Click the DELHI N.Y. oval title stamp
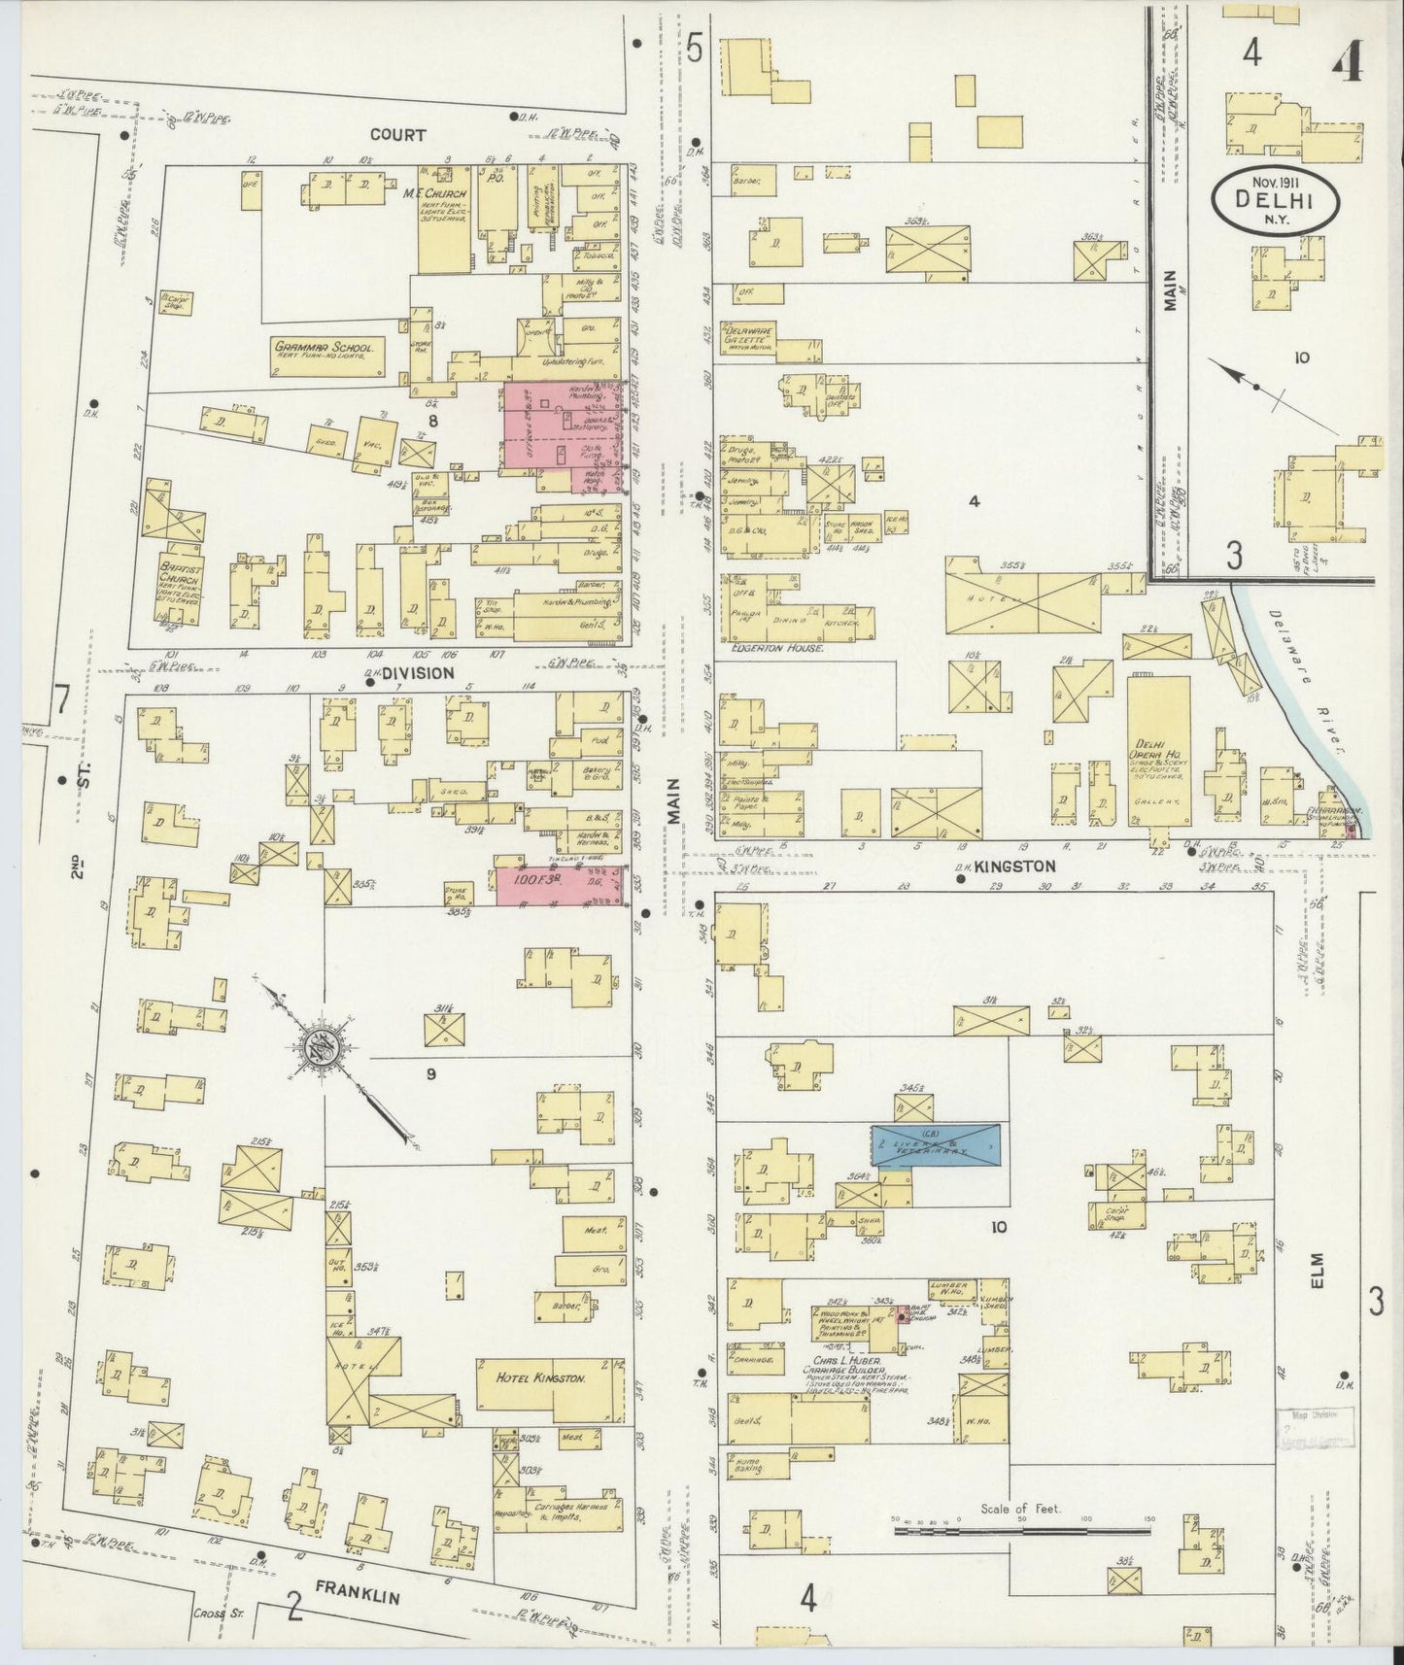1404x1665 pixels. point(1275,202)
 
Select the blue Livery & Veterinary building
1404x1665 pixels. point(936,1147)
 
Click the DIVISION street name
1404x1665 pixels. point(418,672)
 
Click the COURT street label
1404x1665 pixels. point(397,135)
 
